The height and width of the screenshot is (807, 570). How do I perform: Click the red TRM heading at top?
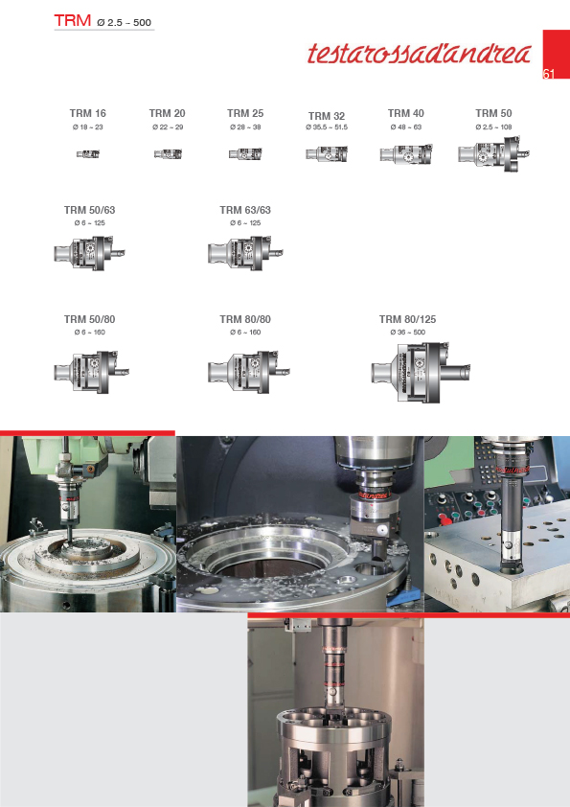pyautogui.click(x=73, y=20)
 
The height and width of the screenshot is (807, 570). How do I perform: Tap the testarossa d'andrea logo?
pyautogui.click(x=420, y=54)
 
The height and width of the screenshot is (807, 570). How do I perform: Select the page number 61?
pyautogui.click(x=548, y=74)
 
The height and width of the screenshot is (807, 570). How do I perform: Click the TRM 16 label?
pyautogui.click(x=88, y=113)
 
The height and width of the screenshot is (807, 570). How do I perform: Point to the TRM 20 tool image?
pyautogui.click(x=168, y=154)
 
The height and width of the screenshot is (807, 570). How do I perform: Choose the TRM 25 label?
pyautogui.click(x=245, y=113)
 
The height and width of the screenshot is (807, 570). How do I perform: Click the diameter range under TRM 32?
pyautogui.click(x=327, y=127)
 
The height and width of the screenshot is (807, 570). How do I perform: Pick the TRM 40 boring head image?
pyautogui.click(x=406, y=154)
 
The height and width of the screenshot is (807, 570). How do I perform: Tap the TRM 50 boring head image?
pyautogui.click(x=493, y=154)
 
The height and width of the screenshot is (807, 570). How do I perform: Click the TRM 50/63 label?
pyautogui.click(x=89, y=210)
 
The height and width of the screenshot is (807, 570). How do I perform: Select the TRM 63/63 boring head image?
pyautogui.click(x=245, y=253)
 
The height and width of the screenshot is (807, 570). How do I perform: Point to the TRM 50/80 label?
pyautogui.click(x=89, y=319)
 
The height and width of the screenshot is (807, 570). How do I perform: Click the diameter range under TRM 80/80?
pyautogui.click(x=245, y=333)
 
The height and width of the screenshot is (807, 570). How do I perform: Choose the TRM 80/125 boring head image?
pyautogui.click(x=421, y=373)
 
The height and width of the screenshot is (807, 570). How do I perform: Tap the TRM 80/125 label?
pyautogui.click(x=407, y=319)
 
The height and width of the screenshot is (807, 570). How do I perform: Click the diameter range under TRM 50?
pyautogui.click(x=494, y=127)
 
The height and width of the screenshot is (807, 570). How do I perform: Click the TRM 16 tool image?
pyautogui.click(x=88, y=154)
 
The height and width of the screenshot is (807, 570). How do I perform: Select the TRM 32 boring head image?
pyautogui.click(x=327, y=154)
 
